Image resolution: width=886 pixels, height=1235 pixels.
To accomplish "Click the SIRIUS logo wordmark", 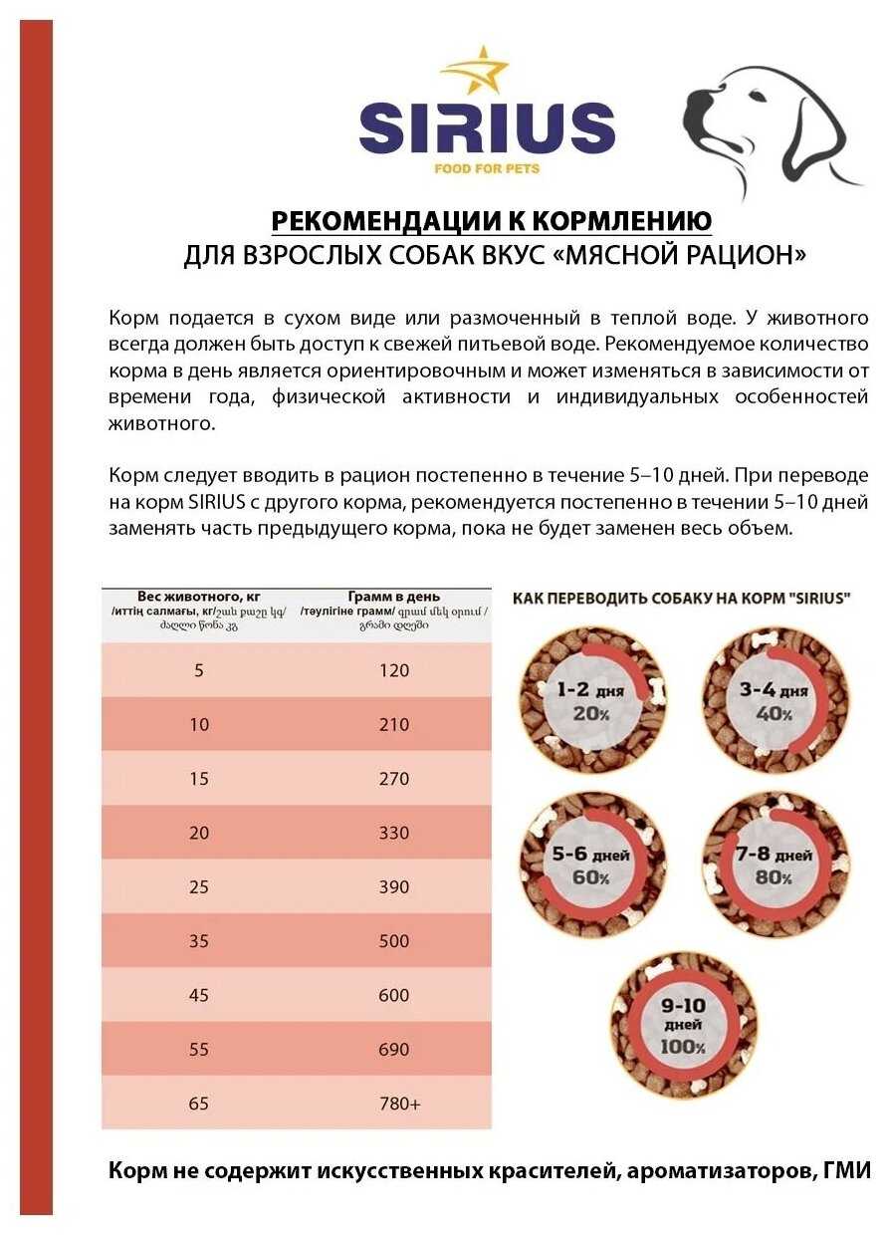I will pyautogui.click(x=487, y=128).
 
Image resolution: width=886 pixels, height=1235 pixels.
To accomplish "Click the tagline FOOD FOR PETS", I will pyautogui.click(x=487, y=168).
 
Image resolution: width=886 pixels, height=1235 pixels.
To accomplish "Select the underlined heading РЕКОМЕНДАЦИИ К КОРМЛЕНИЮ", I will pyautogui.click(x=492, y=220).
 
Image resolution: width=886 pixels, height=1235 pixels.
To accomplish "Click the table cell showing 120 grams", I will pyautogui.click(x=394, y=670).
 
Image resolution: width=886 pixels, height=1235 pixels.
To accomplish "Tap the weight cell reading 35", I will pyautogui.click(x=199, y=940).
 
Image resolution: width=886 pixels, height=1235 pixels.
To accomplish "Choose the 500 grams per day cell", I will pyautogui.click(x=394, y=940).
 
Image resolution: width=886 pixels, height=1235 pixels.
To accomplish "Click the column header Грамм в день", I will pyautogui.click(x=394, y=597).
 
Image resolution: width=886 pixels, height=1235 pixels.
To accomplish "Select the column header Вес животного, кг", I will pyautogui.click(x=198, y=597).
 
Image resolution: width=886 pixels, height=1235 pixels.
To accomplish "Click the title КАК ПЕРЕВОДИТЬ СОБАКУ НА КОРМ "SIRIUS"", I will pyautogui.click(x=681, y=599).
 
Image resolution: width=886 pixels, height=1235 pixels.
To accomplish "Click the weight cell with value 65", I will pyautogui.click(x=199, y=1103).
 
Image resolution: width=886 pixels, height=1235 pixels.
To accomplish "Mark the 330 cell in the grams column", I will pyautogui.click(x=394, y=832).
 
